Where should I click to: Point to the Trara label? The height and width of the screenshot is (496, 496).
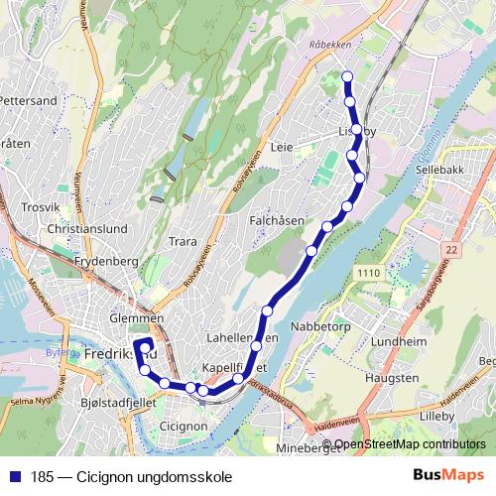[x=184, y=241]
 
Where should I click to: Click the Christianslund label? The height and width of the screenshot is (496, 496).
[x=87, y=228]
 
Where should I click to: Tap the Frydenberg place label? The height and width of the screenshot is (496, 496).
[x=104, y=261]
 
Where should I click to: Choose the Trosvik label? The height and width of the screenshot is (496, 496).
[x=43, y=208]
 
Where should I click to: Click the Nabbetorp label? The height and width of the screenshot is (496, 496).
[x=316, y=325]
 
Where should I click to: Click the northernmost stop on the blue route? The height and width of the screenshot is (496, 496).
[x=347, y=76]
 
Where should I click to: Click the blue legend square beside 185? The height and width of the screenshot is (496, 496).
[x=13, y=474]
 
